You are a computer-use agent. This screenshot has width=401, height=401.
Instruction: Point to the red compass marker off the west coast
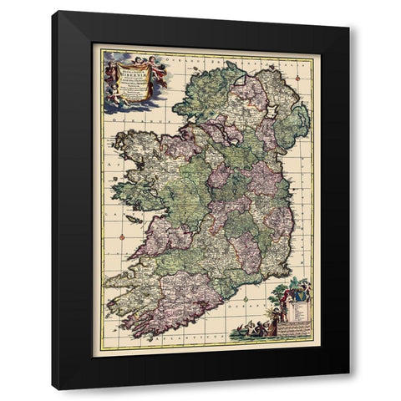coord(122,239)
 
